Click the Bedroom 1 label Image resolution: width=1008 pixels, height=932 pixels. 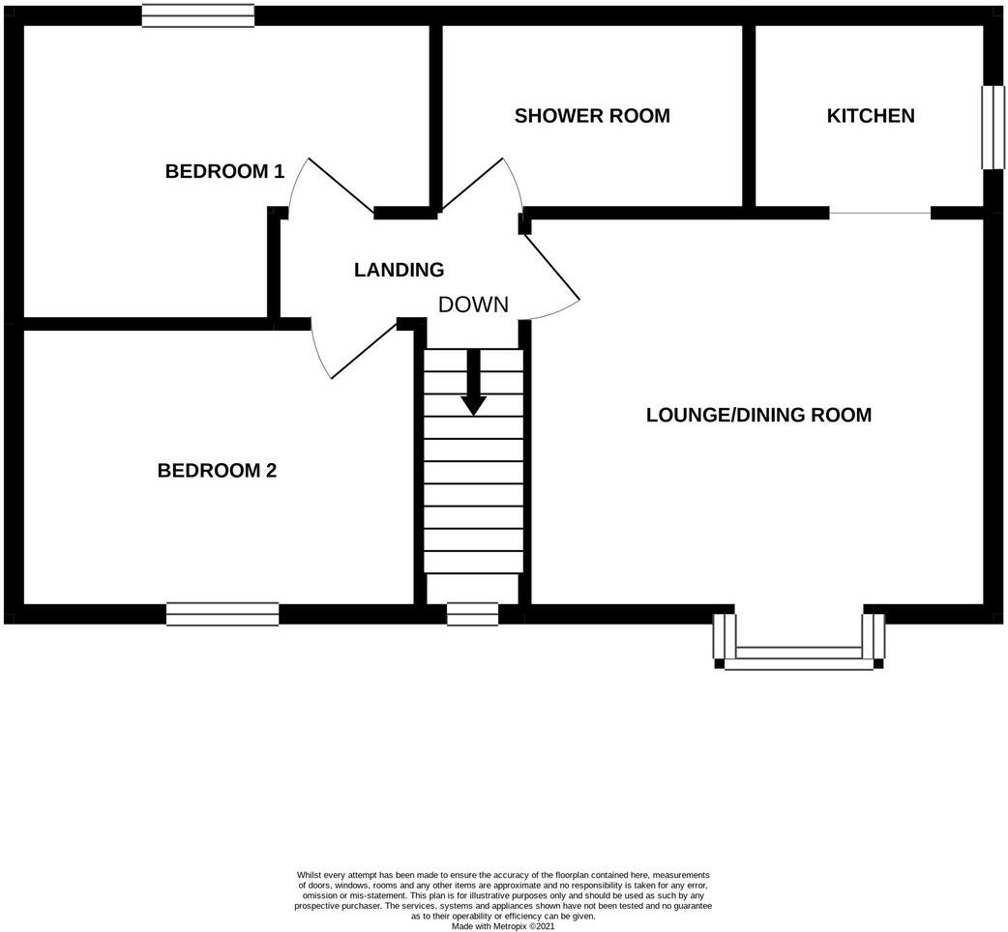click(x=224, y=172)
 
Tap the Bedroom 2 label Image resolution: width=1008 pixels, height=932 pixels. click(x=217, y=471)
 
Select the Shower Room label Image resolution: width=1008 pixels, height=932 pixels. click(x=592, y=116)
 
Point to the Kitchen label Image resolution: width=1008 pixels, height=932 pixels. click(x=870, y=116)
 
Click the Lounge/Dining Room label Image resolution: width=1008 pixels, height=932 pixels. click(x=758, y=415)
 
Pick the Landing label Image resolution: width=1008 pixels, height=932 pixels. click(x=399, y=271)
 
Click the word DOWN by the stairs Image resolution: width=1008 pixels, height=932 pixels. click(x=473, y=305)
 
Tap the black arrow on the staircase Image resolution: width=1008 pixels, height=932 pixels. click(x=473, y=383)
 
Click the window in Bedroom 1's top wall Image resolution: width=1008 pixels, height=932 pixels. click(x=198, y=15)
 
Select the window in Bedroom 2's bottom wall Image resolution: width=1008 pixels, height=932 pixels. click(x=222, y=614)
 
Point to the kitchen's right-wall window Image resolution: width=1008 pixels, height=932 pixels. click(x=993, y=128)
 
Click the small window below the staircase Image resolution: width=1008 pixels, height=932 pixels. click(x=472, y=613)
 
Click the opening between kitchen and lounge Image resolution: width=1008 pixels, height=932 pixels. click(x=880, y=213)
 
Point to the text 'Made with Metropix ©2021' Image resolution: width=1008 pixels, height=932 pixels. click(x=503, y=925)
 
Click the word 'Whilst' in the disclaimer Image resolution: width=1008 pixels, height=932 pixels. click(x=310, y=874)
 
